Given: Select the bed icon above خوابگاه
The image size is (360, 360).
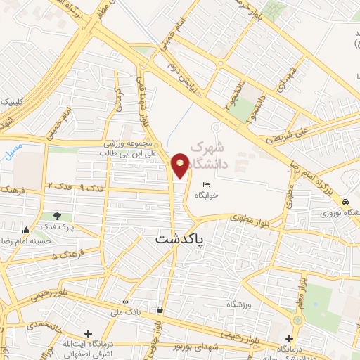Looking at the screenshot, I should pos(206,184).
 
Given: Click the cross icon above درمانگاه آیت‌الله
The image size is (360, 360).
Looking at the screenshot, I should pos(87,333).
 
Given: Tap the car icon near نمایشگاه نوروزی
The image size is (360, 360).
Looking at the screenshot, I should pos(345,202).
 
